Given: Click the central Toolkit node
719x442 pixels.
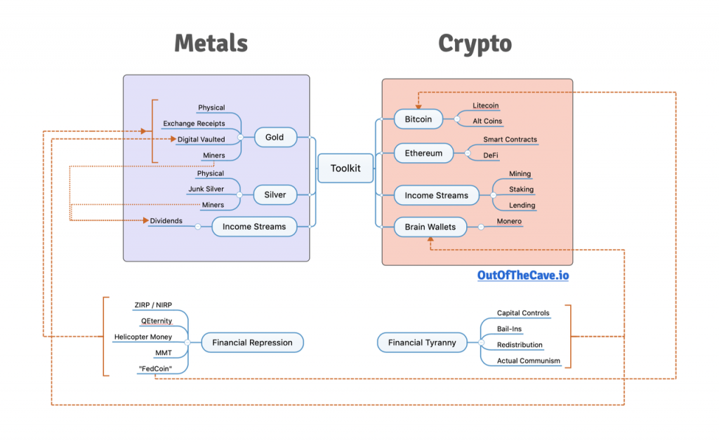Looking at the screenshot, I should pos(345,168).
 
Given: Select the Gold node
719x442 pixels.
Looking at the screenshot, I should pos(275,137).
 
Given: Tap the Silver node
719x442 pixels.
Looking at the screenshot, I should pos(275,194).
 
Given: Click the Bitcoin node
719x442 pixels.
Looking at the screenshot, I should pos(418,119).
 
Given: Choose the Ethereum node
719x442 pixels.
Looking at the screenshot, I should pos(423,153).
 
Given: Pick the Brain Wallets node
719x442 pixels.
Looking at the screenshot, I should pos(430,227).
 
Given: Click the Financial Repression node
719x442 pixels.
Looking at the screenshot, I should pos(253,342).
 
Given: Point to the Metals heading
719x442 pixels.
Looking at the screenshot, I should pos(211,43).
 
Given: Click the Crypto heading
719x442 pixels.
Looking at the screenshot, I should pos(475,43).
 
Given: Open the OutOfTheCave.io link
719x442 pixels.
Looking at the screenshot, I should pos(523,276).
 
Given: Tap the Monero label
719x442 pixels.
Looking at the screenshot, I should pos(509,222).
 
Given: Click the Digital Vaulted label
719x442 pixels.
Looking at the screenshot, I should pos(201,140).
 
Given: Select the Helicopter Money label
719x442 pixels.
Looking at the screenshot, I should pos(143,337).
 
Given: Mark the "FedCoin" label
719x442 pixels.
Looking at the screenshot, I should pos(155,369).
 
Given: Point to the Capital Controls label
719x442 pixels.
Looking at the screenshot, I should pos(523,313).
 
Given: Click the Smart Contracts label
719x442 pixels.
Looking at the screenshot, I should pos(510,140).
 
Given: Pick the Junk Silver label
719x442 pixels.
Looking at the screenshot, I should pos(206,189).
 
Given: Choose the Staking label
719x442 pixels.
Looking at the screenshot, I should pos(521,189).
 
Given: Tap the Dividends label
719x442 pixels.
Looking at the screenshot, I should pos(166,221).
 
